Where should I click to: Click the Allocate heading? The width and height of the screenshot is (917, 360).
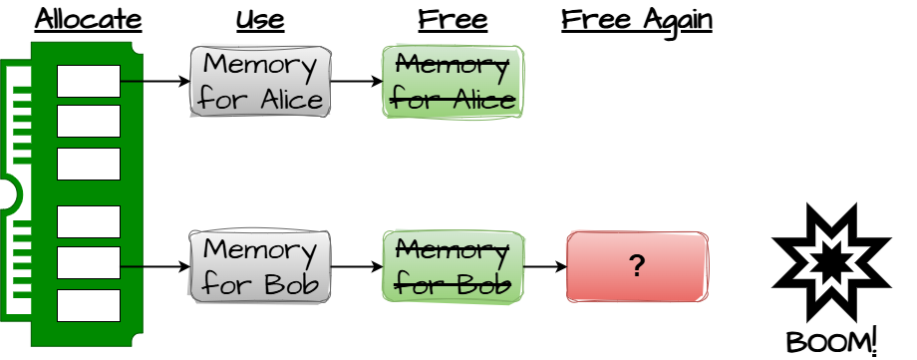[x=88, y=19]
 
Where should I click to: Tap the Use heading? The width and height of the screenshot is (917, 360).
[x=260, y=19]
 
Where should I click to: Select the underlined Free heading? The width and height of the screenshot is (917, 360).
[x=453, y=19]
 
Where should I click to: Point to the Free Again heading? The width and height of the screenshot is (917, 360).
[x=636, y=19]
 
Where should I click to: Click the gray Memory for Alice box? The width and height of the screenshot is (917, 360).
[x=260, y=82]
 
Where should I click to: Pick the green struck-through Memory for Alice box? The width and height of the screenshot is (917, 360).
[x=453, y=82]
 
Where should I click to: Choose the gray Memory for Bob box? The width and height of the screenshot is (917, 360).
[x=260, y=266]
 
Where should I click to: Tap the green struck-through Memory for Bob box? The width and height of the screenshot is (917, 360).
[x=453, y=266]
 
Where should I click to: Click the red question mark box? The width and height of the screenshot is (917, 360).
[x=637, y=266]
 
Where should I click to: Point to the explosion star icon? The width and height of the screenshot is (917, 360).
[x=831, y=262]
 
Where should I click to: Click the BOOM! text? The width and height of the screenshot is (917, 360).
[x=831, y=341]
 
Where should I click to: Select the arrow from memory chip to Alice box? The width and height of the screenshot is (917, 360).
[x=155, y=82]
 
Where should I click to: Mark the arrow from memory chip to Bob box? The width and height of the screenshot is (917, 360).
[x=155, y=266]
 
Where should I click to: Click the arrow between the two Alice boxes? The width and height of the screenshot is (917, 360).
[x=357, y=82]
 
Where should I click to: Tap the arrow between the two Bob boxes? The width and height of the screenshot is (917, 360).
[x=357, y=266]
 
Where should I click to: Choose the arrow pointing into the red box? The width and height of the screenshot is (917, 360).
[x=545, y=266]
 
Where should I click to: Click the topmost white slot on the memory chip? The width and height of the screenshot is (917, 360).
[x=88, y=81]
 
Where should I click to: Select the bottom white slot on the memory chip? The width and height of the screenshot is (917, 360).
[x=88, y=305]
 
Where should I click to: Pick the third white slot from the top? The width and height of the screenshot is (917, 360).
[x=88, y=164]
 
